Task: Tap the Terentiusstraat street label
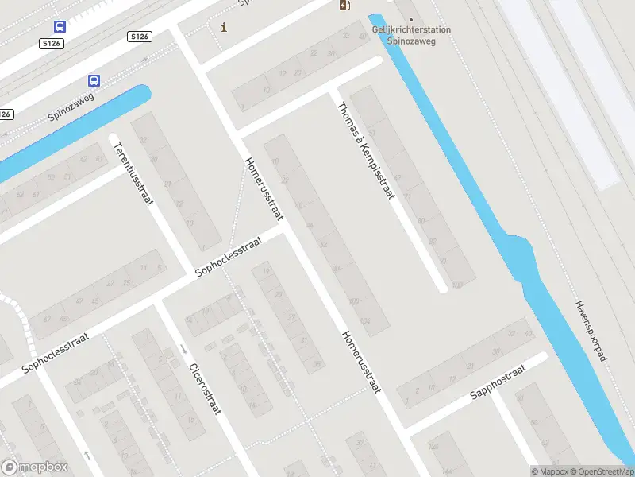coord(133,173)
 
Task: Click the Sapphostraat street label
coord(498,382)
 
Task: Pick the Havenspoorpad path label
coord(591,332)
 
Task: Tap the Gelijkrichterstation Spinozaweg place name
coord(411,35)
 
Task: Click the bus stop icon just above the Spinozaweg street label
coord(94,80)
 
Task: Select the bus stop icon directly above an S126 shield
coord(60,25)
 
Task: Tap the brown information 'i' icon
coord(224,27)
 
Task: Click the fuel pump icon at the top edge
coord(344,6)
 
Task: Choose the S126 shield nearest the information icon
coord(140,37)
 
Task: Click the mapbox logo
coord(35,467)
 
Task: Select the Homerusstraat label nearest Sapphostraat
coord(363,361)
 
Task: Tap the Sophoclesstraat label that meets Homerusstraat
coord(229,258)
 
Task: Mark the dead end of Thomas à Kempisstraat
coord(442,289)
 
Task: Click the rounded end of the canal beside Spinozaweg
coord(143,93)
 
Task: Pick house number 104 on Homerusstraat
coord(365,320)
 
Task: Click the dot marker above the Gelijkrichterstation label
coord(410,19)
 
